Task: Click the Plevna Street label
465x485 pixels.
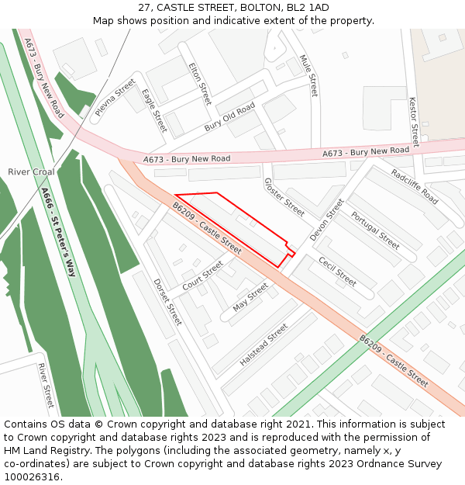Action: coord(115,98)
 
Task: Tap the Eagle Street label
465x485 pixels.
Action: coord(154,111)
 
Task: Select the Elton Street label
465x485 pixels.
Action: coord(200,84)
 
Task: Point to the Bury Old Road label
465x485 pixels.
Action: coord(229,117)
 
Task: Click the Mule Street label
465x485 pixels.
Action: coord(309,75)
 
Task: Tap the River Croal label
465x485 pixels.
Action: coord(31,171)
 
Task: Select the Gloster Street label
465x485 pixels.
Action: coord(284,197)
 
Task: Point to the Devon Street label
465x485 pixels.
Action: coord(326,220)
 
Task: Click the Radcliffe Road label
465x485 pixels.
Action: coord(415,187)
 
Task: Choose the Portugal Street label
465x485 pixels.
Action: coord(375,231)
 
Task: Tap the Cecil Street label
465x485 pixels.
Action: coord(337,271)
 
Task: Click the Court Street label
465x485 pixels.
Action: coord(202,276)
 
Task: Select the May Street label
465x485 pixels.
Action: coord(250,296)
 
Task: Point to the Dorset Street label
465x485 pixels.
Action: coord(167,302)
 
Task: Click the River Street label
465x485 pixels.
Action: coord(46,385)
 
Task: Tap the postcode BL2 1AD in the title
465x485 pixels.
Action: coord(308,8)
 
